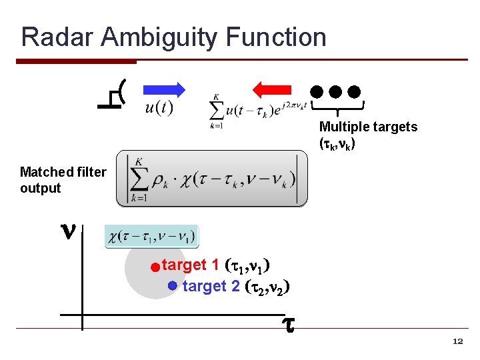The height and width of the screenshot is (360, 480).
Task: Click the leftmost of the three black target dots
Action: pos(317,91)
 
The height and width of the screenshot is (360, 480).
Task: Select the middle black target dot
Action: pos(336,91)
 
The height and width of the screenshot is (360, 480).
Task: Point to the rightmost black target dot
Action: pos(355,91)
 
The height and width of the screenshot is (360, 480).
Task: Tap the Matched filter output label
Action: pos(63,180)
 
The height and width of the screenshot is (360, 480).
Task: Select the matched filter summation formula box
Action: pos(212,179)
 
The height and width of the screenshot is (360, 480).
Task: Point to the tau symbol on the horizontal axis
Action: pos(288,325)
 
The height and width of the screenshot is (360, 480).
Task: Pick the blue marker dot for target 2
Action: pos(172,285)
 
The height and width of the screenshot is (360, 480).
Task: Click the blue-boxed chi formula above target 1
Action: pos(152,237)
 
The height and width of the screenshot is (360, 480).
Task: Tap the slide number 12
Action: pos(457,341)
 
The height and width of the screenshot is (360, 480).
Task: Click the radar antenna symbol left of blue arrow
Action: pos(111,95)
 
